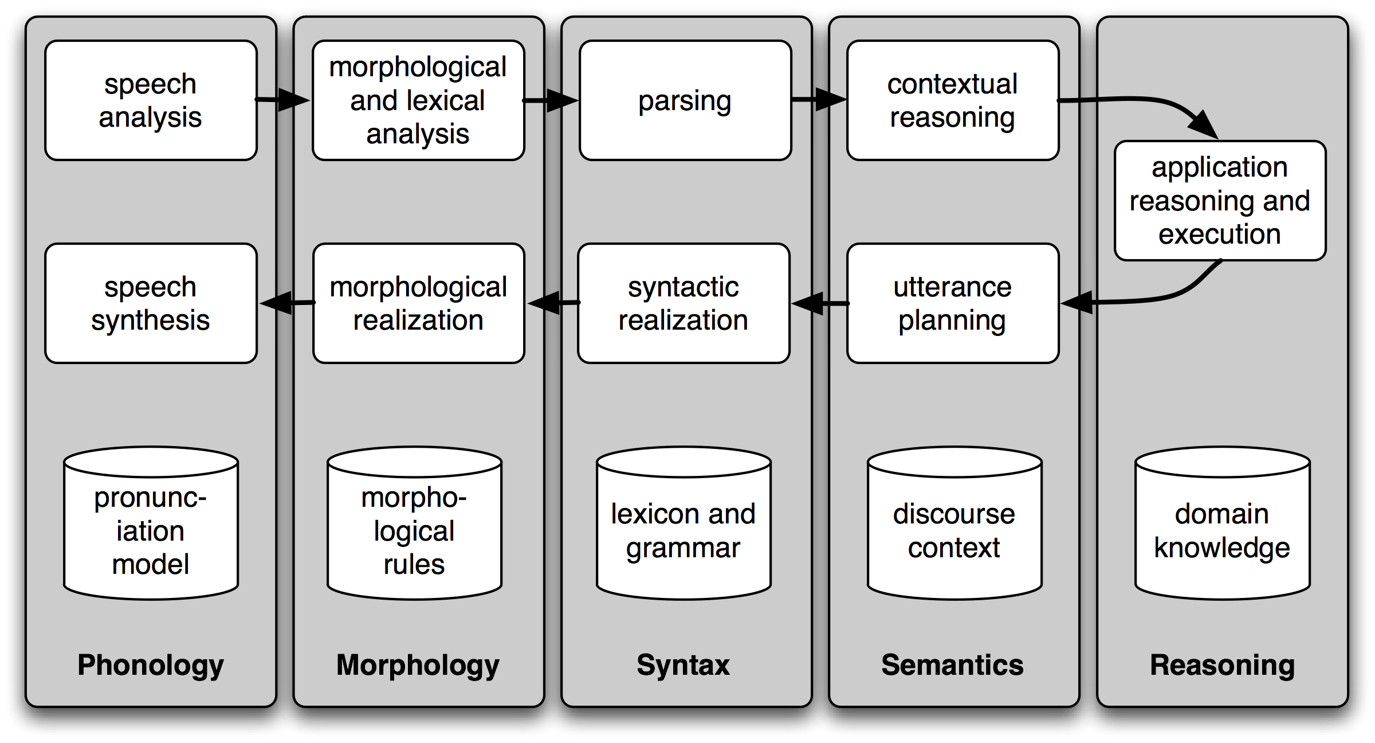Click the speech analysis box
(x=151, y=100)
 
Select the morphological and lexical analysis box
(x=418, y=100)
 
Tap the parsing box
(x=685, y=100)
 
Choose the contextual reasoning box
(x=953, y=100)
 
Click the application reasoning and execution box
(x=1220, y=201)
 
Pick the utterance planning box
(x=953, y=303)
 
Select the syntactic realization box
(x=683, y=303)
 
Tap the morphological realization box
(x=418, y=303)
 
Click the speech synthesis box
(x=151, y=303)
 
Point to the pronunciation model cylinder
(x=151, y=530)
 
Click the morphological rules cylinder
(x=414, y=530)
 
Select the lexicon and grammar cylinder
(x=683, y=530)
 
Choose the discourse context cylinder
(x=954, y=530)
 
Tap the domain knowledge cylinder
(x=1222, y=530)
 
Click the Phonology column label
(x=151, y=665)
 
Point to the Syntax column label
(x=683, y=665)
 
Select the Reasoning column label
(x=1222, y=665)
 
